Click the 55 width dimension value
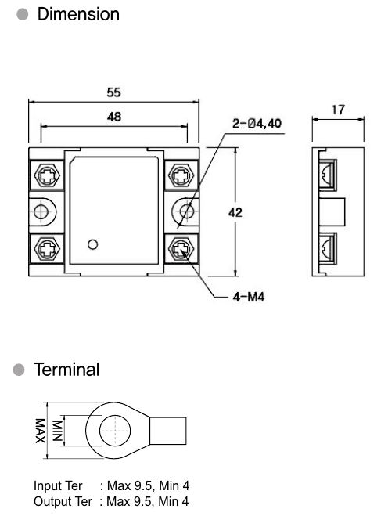point(113,92)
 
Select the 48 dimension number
point(114,117)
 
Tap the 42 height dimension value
point(235,212)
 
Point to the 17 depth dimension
point(338,110)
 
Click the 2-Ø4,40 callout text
point(257,124)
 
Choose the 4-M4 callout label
point(249,297)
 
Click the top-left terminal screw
point(47,175)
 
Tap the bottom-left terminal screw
point(47,249)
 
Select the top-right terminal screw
point(181,175)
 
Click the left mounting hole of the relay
point(41,211)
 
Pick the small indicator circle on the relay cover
point(92,244)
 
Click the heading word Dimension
point(78,14)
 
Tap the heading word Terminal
point(66,370)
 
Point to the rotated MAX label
point(41,431)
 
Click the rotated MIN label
point(57,431)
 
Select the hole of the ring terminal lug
point(115,431)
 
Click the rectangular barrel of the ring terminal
point(167,431)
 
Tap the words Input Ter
point(58,485)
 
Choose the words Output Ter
point(63,501)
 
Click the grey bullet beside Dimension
point(23,14)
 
